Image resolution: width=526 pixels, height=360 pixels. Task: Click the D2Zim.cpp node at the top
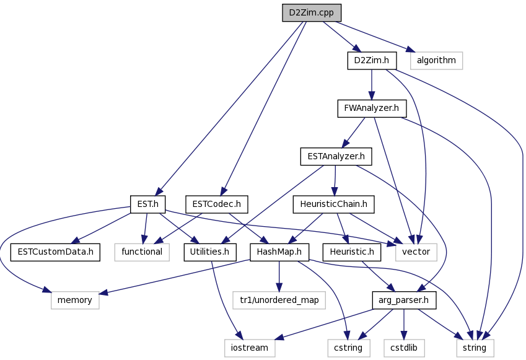click(312, 13)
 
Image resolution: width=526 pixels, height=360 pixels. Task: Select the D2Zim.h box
click(372, 60)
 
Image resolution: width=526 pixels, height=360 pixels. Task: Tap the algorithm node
click(436, 60)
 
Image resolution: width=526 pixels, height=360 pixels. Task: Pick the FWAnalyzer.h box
click(372, 108)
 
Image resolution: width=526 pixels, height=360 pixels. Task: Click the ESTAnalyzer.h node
click(336, 156)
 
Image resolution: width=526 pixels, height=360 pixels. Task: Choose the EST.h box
click(147, 204)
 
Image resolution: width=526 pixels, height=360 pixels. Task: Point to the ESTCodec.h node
click(216, 204)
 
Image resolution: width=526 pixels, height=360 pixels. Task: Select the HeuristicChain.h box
click(333, 204)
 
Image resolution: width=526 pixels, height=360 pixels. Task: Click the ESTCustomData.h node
click(55, 252)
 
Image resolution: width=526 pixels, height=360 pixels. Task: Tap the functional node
click(142, 252)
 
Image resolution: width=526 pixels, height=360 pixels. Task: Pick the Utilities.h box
click(210, 252)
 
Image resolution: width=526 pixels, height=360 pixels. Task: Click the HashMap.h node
click(279, 252)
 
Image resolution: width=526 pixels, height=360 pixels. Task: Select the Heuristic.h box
click(351, 252)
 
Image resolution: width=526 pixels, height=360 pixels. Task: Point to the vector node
click(416, 252)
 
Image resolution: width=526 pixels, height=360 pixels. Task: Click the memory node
click(75, 300)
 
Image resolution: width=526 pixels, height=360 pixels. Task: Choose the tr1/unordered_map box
click(279, 300)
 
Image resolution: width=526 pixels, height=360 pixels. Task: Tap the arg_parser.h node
click(404, 300)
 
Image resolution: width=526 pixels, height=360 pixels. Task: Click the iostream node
click(250, 348)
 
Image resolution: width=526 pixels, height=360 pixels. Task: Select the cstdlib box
click(404, 348)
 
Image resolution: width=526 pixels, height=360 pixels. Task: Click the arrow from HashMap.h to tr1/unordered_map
click(279, 276)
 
